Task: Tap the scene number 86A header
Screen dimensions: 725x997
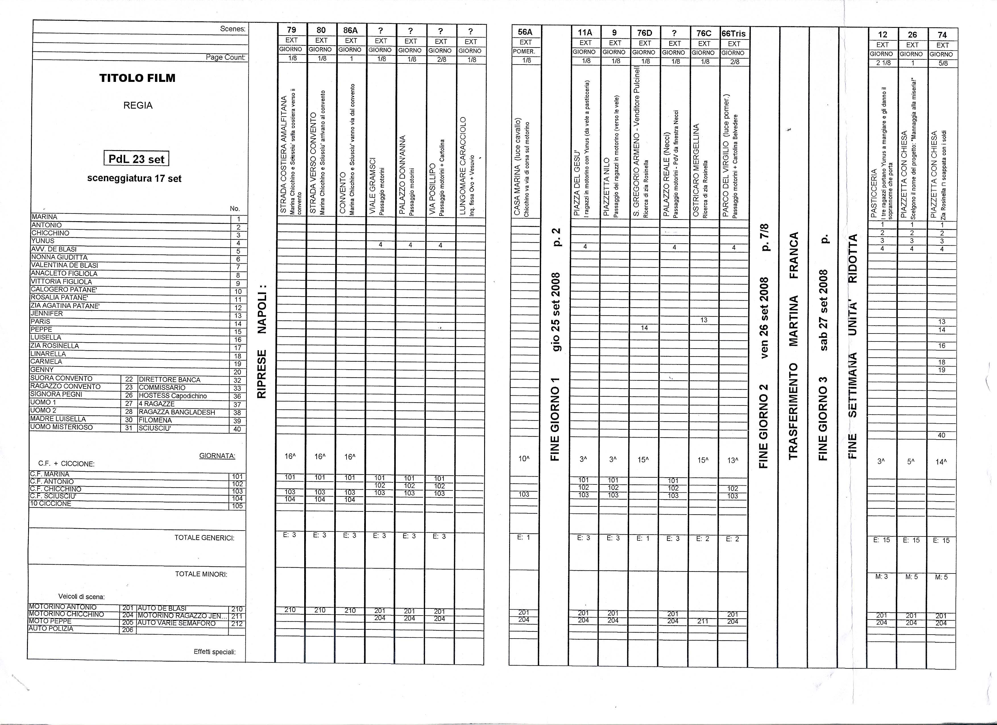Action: [350, 30]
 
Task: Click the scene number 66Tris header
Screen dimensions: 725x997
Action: [734, 34]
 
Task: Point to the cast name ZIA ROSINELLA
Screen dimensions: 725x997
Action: [55, 345]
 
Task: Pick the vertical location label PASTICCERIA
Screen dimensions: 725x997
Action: [874, 193]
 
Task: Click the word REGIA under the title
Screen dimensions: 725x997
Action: [138, 105]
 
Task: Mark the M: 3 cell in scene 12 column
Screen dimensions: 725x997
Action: [881, 576]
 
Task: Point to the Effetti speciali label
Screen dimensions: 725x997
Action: [215, 652]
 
